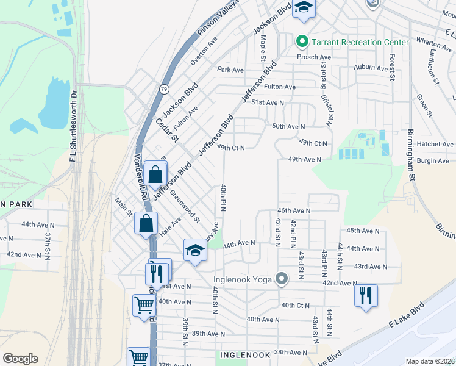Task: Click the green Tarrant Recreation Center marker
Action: coord(301,42)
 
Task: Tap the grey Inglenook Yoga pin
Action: coord(281,280)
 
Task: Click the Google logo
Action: coord(20,359)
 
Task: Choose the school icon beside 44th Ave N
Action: coord(195,251)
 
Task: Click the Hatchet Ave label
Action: coord(435,144)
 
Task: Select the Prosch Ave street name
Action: coord(313,57)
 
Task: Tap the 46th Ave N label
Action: coord(294,210)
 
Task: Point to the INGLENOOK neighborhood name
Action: coord(243,354)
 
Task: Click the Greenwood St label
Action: coord(186,206)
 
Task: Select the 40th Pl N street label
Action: coord(224,198)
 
